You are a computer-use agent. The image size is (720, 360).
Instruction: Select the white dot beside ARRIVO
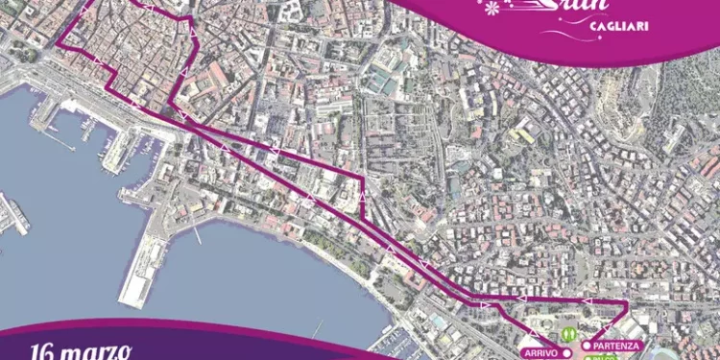click(x=566, y=353)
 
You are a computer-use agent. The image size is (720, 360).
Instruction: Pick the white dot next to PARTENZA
click(x=587, y=345)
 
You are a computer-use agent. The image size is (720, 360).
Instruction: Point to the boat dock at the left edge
click(x=13, y=213)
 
